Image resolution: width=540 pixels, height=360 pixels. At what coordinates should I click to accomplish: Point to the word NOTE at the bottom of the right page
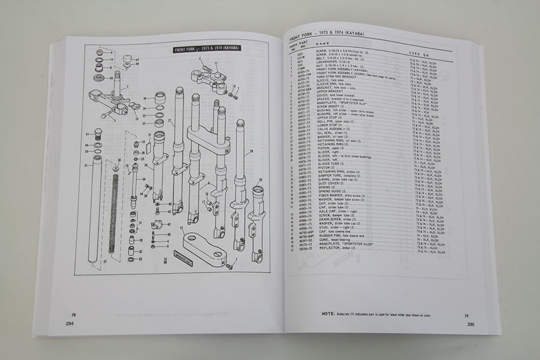point(329,313)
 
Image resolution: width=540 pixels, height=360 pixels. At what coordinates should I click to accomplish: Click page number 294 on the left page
point(74,322)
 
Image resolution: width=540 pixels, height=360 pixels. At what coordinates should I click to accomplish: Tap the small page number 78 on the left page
point(74,315)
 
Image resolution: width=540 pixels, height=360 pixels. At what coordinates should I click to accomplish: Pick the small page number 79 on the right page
point(466,316)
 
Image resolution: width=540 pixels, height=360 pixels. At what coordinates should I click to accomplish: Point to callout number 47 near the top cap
point(138,60)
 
